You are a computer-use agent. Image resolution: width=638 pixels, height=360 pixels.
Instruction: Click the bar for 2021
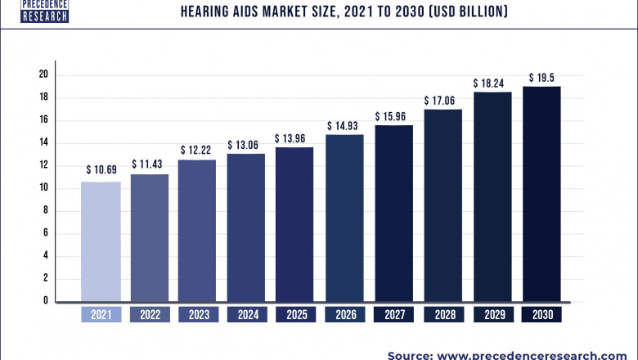[101, 241]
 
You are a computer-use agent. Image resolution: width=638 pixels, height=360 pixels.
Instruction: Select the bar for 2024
[246, 227]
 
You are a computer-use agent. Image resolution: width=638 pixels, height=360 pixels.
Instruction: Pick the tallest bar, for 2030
[541, 194]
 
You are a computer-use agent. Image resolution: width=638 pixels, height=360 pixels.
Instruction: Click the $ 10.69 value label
[101, 170]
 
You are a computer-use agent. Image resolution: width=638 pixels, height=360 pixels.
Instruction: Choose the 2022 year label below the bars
[150, 315]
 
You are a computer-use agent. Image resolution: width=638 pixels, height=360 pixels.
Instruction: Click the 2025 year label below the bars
[295, 315]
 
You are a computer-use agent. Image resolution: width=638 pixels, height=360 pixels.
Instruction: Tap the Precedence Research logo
[34, 11]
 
